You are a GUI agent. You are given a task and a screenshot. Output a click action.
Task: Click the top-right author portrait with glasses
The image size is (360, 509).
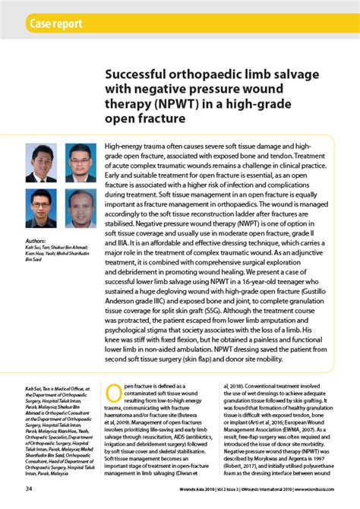coord(80,163)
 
